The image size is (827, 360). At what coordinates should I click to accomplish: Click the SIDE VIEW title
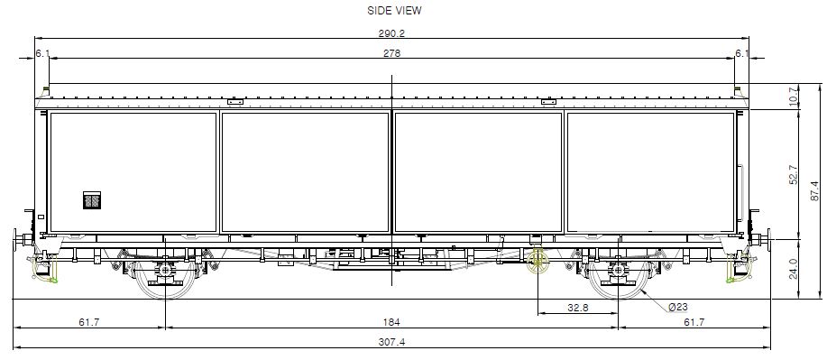point(394,11)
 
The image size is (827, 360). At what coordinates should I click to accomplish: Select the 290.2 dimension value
point(391,33)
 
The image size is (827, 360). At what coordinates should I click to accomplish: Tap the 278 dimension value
point(392,53)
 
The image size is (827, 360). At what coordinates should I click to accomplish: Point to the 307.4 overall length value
point(392,342)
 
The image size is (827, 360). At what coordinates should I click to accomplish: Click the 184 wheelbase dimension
point(392,322)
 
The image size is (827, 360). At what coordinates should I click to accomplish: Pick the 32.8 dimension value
point(577,308)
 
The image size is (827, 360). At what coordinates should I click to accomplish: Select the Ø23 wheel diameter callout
point(677,307)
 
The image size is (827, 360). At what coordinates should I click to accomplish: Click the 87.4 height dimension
point(815,191)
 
